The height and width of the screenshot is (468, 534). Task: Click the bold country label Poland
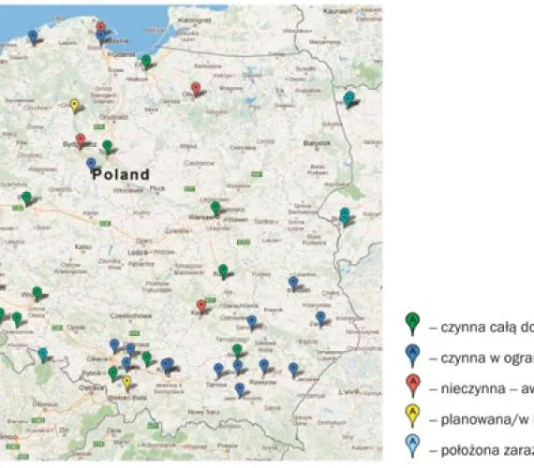click(x=121, y=175)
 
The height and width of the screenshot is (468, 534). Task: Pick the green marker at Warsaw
click(x=215, y=208)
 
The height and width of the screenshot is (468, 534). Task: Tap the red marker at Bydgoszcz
click(x=81, y=139)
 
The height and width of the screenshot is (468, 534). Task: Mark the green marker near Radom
click(x=223, y=271)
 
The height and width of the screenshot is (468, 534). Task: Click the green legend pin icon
click(x=411, y=323)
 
